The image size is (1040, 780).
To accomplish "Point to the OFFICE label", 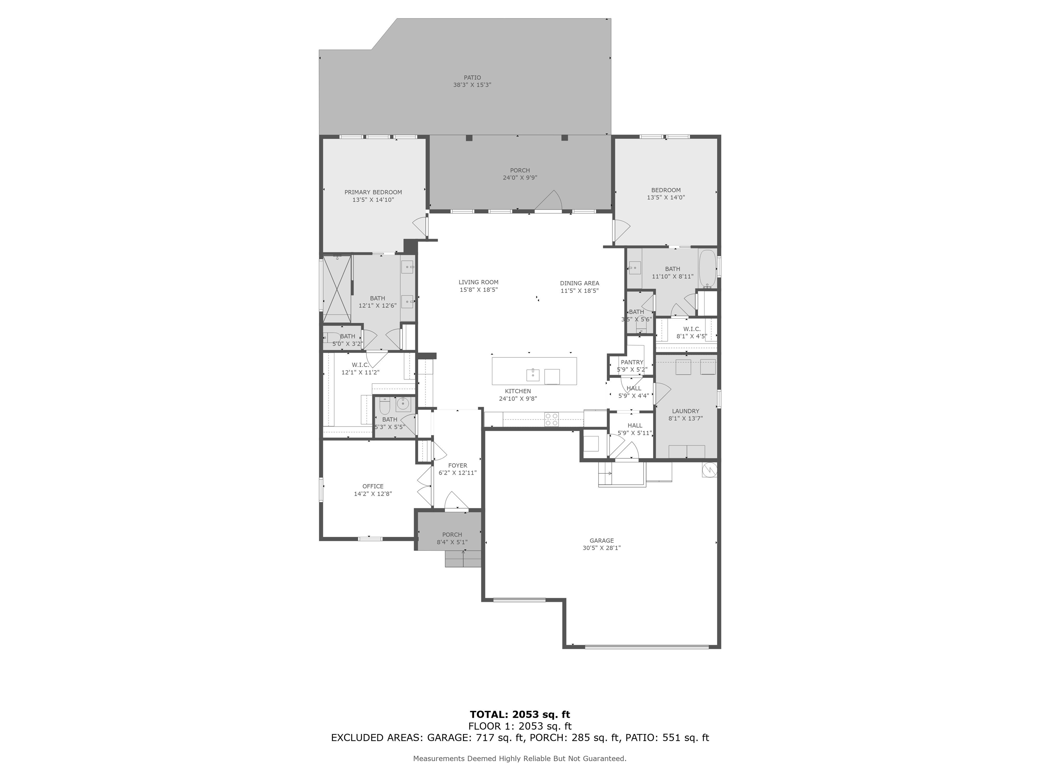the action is [373, 486].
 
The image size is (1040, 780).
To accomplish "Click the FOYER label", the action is [457, 465].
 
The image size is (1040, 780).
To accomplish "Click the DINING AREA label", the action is [579, 283].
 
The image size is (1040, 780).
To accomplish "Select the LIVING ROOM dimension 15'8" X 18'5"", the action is [479, 289].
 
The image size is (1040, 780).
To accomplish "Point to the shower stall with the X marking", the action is [337, 289].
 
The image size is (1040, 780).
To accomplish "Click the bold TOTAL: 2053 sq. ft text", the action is [520, 715].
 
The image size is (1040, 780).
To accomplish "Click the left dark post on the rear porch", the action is [469, 138].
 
